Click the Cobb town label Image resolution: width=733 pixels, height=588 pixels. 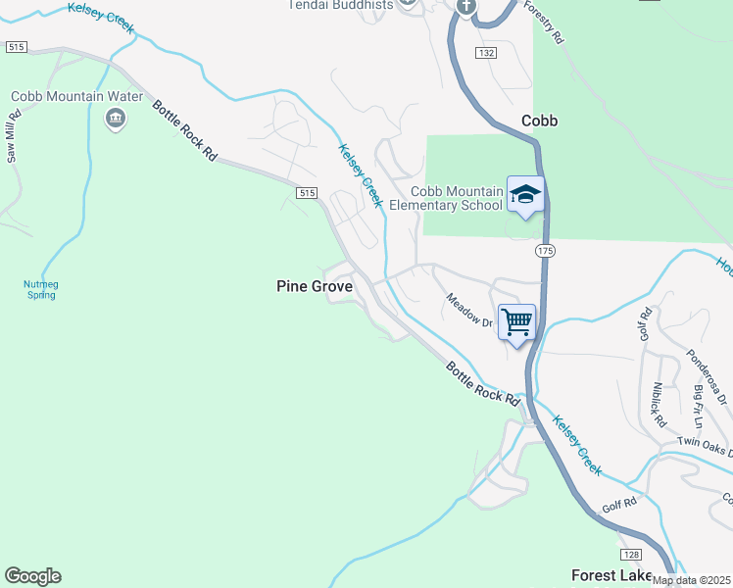pyautogui.click(x=539, y=121)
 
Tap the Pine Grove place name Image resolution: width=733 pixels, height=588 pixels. pyautogui.click(x=314, y=286)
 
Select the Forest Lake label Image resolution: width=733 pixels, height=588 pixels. pyautogui.click(x=612, y=575)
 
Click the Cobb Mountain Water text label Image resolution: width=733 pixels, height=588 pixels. pyautogui.click(x=76, y=97)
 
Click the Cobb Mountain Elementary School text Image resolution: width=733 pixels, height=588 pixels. pyautogui.click(x=446, y=198)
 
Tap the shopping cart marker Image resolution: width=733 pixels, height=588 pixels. pyautogui.click(x=516, y=322)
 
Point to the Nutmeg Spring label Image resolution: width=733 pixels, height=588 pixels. pyautogui.click(x=41, y=289)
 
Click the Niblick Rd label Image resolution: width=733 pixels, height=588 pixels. pyautogui.click(x=659, y=405)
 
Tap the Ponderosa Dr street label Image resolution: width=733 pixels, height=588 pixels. pyautogui.click(x=706, y=376)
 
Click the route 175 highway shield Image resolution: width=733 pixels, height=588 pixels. pyautogui.click(x=545, y=252)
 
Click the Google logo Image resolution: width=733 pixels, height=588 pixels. pyautogui.click(x=32, y=576)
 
